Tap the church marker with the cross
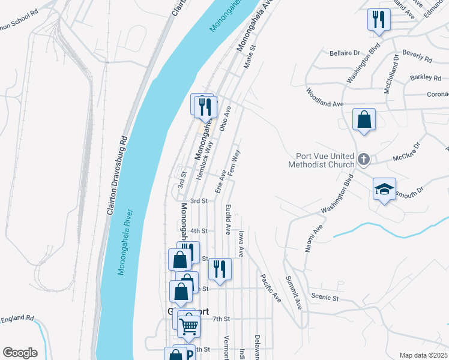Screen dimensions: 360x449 click(x=363, y=160)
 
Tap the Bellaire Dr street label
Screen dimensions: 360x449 click(x=345, y=53)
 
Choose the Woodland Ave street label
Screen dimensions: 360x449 click(x=324, y=97)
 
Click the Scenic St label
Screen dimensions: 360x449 click(x=325, y=297)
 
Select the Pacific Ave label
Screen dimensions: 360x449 click(x=270, y=288)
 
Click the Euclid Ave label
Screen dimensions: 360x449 click(x=228, y=218)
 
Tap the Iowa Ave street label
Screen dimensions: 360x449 click(x=242, y=242)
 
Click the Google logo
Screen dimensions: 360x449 click(x=19, y=353)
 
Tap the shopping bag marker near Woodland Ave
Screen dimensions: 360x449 click(x=364, y=119)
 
